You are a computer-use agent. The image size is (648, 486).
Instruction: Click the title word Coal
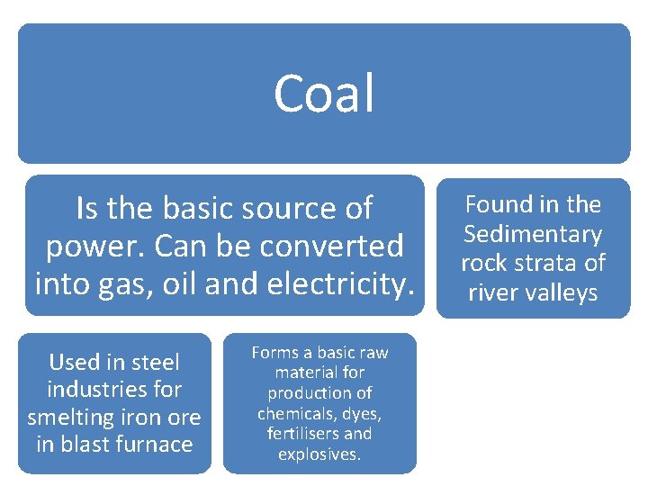(x=324, y=93)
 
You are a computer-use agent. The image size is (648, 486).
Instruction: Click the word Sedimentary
(x=533, y=234)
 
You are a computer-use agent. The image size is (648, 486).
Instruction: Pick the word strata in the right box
(x=553, y=263)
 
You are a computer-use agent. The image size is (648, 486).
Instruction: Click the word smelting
(x=66, y=417)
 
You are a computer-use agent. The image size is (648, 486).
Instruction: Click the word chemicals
(x=294, y=413)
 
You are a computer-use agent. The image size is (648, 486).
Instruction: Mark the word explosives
(x=319, y=454)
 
